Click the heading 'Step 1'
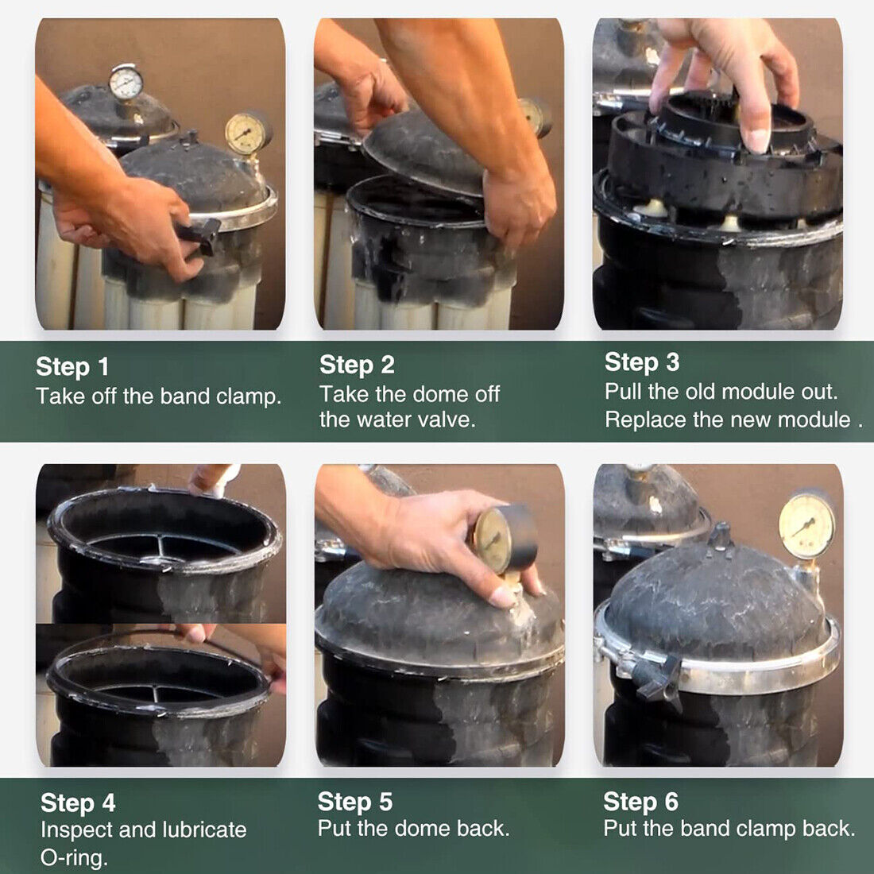pos(72,367)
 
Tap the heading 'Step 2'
pos(357,365)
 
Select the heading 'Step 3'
pos(642,362)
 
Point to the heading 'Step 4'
pos(78,803)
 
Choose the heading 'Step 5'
pos(355,802)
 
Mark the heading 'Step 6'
pos(641,802)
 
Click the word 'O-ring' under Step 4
pos(74,857)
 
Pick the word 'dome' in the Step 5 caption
pos(423,828)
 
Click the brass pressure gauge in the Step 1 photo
pos(246,133)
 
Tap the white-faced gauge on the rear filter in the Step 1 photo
pos(126,83)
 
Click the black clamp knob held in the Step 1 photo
pos(200,235)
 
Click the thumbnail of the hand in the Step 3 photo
pos(756,141)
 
